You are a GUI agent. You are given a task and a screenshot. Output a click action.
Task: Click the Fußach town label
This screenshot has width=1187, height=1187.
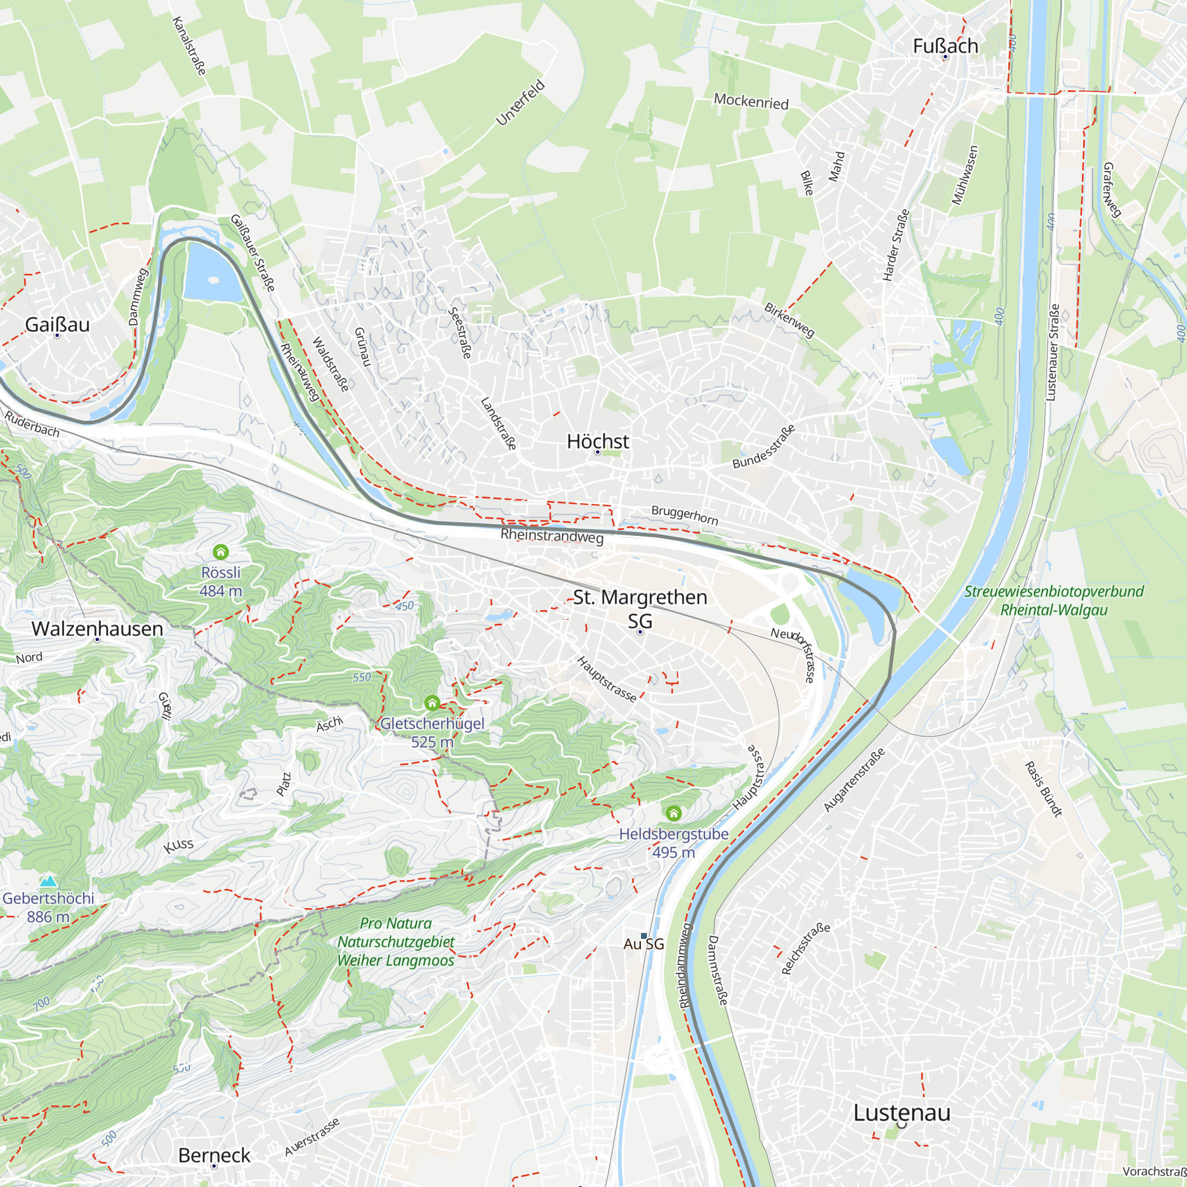pos(945,46)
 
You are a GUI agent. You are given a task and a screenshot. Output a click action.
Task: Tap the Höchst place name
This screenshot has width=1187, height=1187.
pos(598,441)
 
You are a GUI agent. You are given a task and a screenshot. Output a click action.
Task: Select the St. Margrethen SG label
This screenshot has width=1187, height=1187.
pos(640,608)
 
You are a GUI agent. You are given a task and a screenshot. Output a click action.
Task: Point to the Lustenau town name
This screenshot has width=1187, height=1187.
pos(902,1112)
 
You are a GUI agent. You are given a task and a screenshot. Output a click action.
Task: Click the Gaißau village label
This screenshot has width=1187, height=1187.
pos(57,325)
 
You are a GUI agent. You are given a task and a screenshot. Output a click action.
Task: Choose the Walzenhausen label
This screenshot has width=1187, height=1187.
pos(97,629)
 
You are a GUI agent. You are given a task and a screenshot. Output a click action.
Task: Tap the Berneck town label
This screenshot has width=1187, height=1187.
pos(214,1155)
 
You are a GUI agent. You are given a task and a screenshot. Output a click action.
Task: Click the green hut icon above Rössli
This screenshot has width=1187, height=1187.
pos(221,552)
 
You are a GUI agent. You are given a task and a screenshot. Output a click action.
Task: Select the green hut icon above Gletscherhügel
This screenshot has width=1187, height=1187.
pos(432,703)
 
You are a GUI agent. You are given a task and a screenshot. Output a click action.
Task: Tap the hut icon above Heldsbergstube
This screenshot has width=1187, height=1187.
pos(674,814)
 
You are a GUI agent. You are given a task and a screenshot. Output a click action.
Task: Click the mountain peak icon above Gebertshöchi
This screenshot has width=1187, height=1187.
pos(48,881)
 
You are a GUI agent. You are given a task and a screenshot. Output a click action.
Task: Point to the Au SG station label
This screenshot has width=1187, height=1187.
pos(644,944)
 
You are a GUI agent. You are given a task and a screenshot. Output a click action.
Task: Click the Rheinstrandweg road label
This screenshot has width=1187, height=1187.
pos(552,536)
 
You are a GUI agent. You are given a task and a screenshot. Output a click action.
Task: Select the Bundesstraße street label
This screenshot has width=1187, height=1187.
pos(764,447)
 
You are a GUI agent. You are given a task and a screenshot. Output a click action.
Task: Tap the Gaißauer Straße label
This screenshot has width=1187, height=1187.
pos(252,253)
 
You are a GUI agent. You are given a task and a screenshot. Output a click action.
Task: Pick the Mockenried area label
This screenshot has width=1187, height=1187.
pos(751,101)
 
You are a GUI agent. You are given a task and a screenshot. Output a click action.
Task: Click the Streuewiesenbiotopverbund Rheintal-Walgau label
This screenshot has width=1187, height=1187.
pos(1053,600)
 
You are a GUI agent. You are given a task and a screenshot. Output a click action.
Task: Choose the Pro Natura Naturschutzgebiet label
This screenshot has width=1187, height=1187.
pos(396,942)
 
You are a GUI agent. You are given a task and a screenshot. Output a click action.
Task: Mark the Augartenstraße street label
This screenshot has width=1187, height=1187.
pos(854,780)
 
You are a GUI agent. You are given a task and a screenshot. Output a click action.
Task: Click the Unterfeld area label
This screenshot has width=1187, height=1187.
pos(520,103)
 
